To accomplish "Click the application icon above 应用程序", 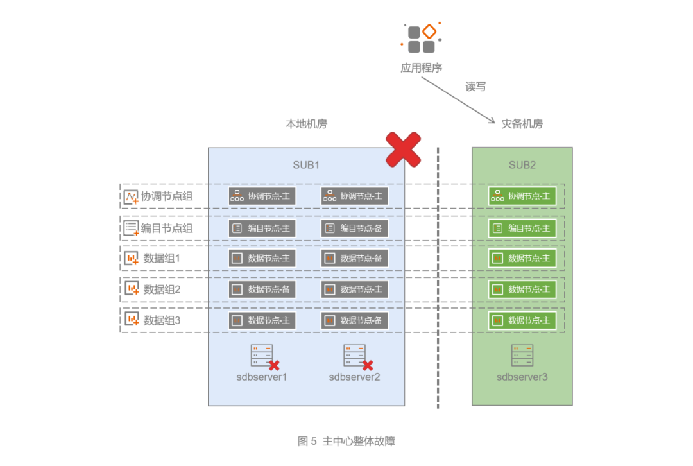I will coord(422,39).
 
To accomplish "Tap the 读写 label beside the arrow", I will coord(475,87).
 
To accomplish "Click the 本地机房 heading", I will coord(306,124).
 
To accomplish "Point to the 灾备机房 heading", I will coord(522,124).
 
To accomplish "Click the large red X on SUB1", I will coord(403,150).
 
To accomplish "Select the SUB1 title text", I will coord(306,165).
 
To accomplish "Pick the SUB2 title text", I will coord(522,165).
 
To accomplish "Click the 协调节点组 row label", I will coord(166,196).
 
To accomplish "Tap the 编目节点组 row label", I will coord(166,227).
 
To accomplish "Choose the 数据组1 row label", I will coord(162,258).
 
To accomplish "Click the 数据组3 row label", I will coord(162,320).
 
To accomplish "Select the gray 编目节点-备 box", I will coord(354,228).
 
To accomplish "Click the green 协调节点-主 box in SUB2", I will coord(522,196).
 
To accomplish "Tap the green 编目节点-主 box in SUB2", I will coord(522,228).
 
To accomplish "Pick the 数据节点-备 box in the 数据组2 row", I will coord(262,289).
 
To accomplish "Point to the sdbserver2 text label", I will coord(354,377).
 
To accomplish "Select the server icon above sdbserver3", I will coord(522,356).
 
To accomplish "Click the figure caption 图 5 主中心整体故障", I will coord(346,441).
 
